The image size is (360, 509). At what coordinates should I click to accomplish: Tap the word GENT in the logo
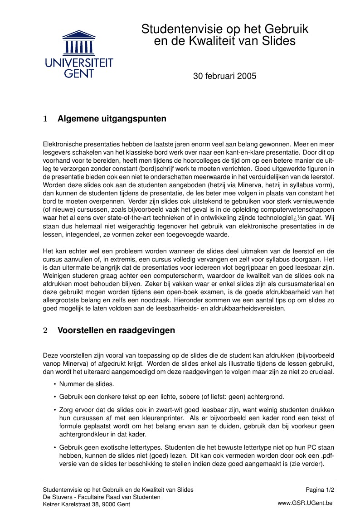pos(79,73)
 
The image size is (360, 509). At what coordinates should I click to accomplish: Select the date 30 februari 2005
pos(224,76)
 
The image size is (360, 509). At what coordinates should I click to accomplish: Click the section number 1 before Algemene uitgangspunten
pos(45,119)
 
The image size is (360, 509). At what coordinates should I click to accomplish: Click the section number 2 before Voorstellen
pos(45,330)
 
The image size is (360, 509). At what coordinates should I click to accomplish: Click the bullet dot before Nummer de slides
pos(55,384)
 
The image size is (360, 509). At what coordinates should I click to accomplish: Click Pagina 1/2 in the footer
pos(320,490)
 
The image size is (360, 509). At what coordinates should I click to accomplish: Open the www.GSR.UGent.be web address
pos(305,503)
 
